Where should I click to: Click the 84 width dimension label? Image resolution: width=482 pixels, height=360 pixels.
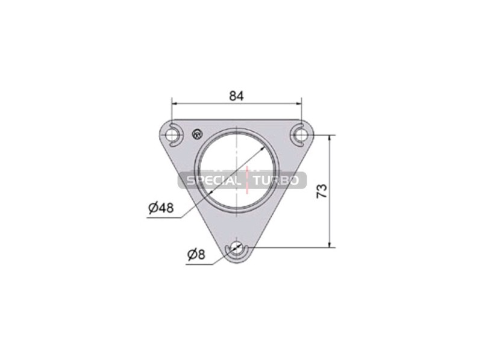coord(236,96)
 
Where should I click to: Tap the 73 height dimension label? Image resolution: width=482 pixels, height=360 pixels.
coord(322,191)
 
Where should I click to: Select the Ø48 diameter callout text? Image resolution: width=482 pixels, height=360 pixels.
coord(161,208)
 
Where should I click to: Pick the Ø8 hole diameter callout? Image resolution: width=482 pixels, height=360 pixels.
coord(196,255)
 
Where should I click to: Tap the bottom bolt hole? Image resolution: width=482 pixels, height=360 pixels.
coord(236,247)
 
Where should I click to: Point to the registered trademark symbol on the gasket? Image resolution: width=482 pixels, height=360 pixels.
coord(198,134)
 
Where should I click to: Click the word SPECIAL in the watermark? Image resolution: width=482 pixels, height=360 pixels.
coord(213,181)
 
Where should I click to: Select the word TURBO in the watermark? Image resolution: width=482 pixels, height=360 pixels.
coord(276,181)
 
